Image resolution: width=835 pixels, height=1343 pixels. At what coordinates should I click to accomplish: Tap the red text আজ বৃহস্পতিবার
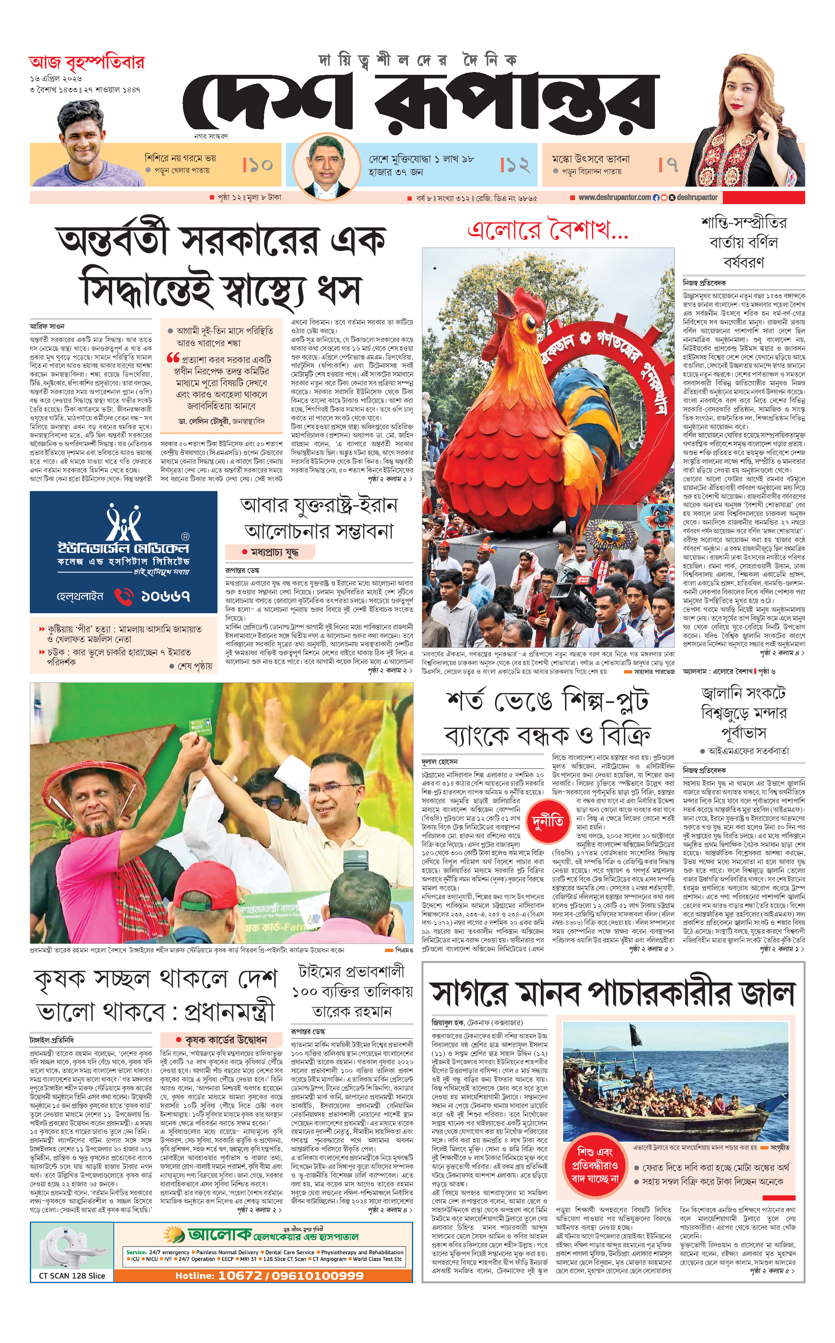[87, 62]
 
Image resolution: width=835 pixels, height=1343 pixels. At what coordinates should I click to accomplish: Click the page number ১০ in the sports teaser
[258, 165]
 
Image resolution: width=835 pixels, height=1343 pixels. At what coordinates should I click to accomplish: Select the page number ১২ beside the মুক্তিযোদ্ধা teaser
[516, 165]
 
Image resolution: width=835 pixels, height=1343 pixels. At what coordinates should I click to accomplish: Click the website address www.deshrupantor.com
[614, 197]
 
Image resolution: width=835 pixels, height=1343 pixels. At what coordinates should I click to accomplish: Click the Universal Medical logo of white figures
[124, 522]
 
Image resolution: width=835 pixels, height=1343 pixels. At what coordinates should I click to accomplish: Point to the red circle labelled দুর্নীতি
[548, 822]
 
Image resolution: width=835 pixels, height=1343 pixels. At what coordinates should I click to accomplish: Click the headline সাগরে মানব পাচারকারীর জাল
[613, 993]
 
